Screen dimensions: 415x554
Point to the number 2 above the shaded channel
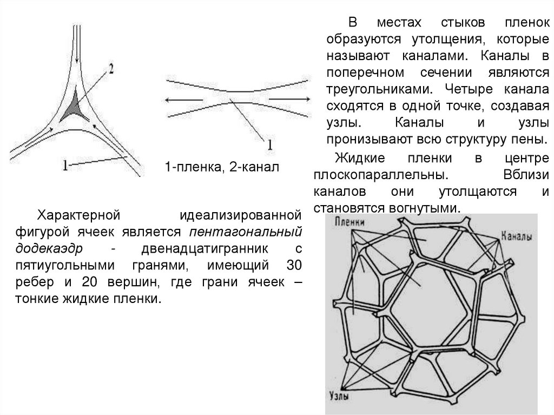pyautogui.click(x=111, y=69)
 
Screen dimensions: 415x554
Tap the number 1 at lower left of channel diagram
pyautogui.click(x=65, y=166)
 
